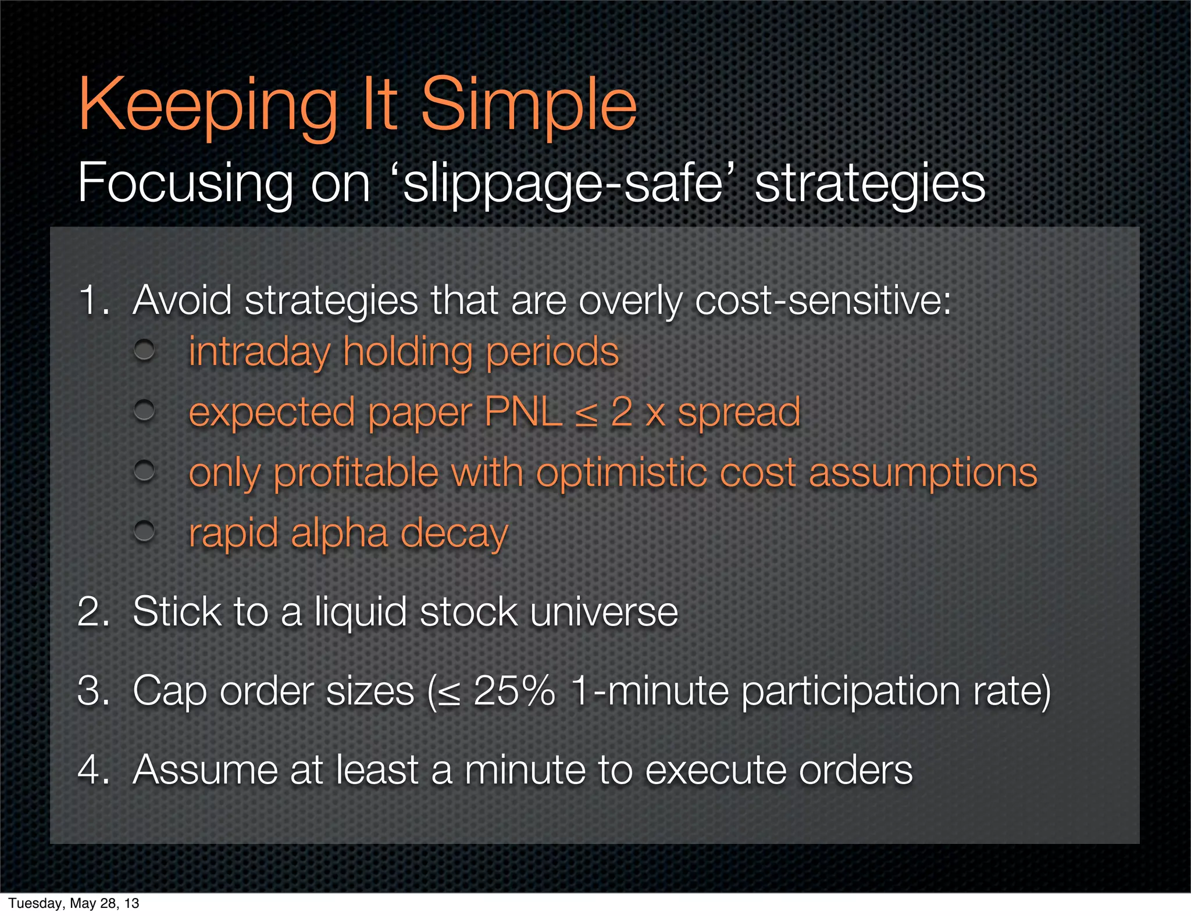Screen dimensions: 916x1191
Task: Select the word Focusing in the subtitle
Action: [x=186, y=184]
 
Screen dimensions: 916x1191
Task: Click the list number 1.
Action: [x=93, y=300]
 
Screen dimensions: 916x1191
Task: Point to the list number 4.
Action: [x=93, y=770]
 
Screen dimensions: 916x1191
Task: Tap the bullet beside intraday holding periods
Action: [x=144, y=350]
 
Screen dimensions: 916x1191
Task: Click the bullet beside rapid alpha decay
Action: [x=144, y=530]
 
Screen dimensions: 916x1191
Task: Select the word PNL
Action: [x=523, y=412]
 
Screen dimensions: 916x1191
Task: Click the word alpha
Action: [x=338, y=533]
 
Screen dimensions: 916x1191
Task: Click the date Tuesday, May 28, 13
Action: [x=74, y=903]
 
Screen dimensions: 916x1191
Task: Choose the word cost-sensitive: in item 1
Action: [x=822, y=300]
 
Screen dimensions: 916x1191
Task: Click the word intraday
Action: [x=259, y=352]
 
